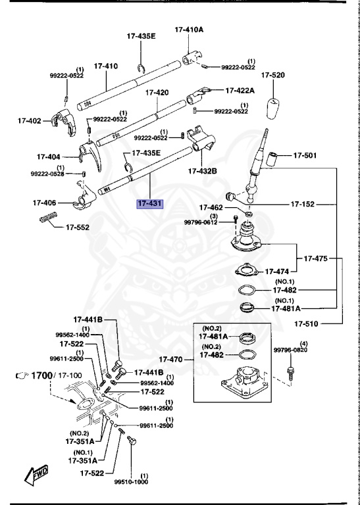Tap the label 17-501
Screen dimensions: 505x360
tap(305, 156)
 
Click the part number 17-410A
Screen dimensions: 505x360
tap(189, 30)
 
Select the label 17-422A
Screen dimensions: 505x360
tap(240, 90)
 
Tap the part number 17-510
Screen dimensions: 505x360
tap(307, 324)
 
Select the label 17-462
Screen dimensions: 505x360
tap(213, 207)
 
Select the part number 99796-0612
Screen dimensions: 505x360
tap(200, 223)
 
